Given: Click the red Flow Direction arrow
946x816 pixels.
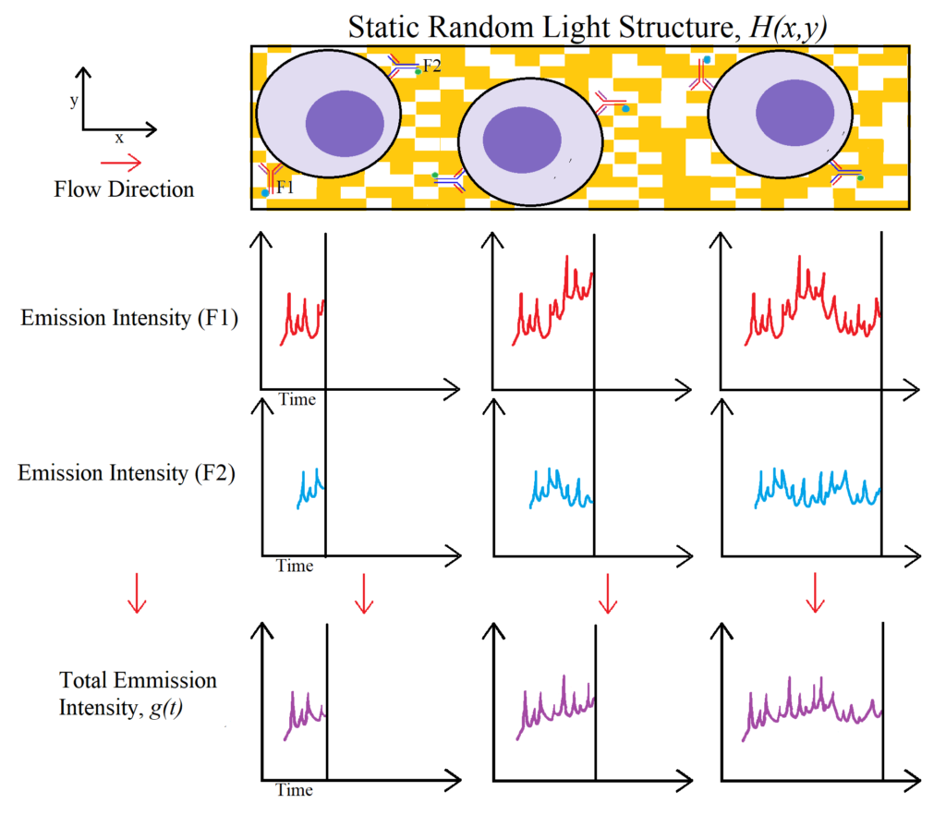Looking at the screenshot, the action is click(x=121, y=163).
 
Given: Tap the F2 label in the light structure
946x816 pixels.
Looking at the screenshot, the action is click(x=432, y=66).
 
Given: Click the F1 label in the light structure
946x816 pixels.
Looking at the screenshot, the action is click(x=285, y=187).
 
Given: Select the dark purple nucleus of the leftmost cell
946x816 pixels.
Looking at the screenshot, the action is click(x=345, y=124).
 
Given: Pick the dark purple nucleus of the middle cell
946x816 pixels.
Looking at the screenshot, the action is click(x=522, y=140).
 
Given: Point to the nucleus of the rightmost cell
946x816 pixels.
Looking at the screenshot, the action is click(x=795, y=113).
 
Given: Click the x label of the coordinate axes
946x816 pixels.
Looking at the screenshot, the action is click(x=119, y=139).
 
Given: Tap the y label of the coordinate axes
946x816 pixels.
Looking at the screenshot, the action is click(x=74, y=100).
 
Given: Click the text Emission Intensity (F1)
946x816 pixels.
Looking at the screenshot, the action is click(x=129, y=318).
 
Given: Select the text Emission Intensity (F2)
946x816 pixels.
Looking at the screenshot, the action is click(x=126, y=472).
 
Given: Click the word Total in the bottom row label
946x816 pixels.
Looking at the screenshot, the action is click(x=84, y=679).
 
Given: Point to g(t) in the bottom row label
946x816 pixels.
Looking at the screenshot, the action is click(x=166, y=707).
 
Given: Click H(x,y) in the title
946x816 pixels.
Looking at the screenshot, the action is click(x=788, y=28).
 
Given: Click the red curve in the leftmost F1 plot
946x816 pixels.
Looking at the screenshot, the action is click(x=303, y=319).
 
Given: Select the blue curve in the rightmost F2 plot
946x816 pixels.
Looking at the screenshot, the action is click(x=818, y=488).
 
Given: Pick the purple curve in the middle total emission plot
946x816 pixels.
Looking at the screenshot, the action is click(x=555, y=707).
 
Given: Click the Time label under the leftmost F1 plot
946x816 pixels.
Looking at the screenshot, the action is click(x=297, y=399).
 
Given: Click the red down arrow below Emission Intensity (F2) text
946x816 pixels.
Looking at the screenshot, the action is click(x=137, y=593).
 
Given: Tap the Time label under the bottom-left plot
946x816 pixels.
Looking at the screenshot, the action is click(x=295, y=790).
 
